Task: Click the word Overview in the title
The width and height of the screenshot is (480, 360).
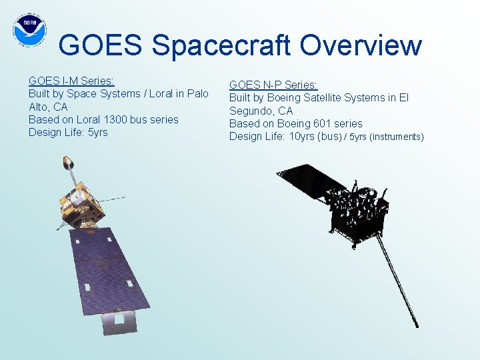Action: point(360,45)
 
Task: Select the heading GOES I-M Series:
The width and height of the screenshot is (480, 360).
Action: point(71,81)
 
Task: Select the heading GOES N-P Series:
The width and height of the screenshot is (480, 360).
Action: point(273,85)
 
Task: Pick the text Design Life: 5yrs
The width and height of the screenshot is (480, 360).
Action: point(68,132)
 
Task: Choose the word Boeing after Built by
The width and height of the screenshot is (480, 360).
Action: point(285,97)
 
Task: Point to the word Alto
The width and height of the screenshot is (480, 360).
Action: point(39,107)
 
